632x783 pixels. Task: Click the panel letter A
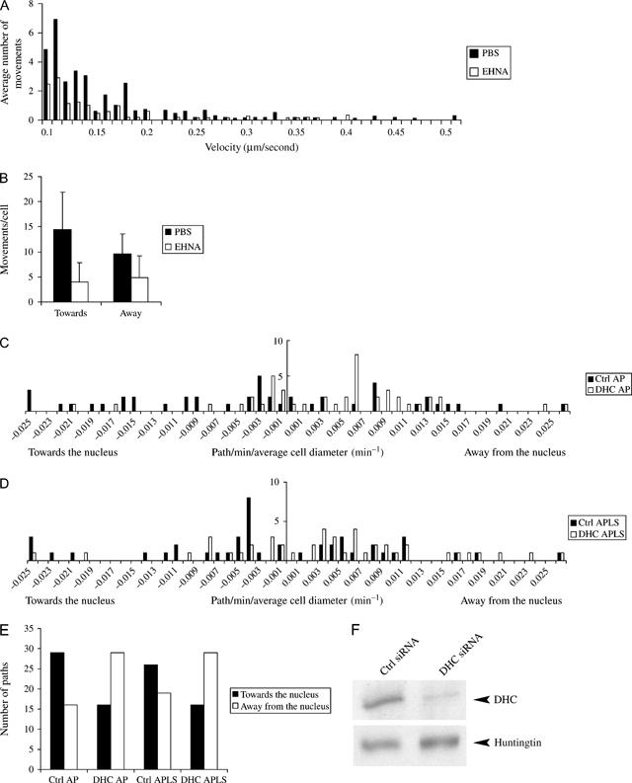(8, 7)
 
